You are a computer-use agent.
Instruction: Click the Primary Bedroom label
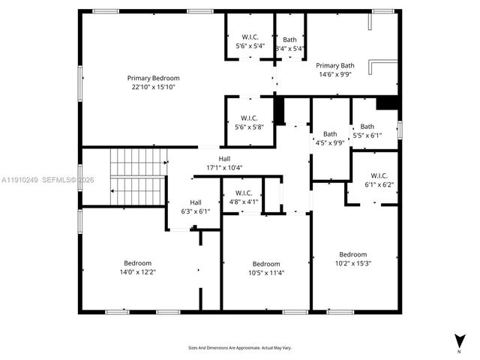(153, 78)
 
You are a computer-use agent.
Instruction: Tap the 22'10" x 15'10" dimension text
(153, 87)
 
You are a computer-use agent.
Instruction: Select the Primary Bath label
(334, 65)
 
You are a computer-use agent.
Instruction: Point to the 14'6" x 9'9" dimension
(334, 74)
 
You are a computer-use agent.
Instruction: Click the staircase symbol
(137, 176)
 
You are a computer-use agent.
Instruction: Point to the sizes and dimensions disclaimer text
(239, 347)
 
